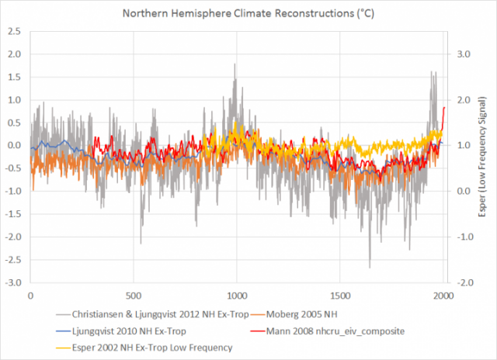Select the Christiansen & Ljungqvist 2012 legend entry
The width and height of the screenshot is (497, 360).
(165, 315)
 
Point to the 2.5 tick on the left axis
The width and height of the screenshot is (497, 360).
(14, 54)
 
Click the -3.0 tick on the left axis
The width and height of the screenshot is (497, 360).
(13, 282)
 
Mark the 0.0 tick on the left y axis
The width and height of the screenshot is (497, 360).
(15, 145)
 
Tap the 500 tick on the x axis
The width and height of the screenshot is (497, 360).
(134, 295)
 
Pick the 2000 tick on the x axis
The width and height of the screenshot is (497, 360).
(443, 295)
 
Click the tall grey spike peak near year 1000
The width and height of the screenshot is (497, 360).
(235, 64)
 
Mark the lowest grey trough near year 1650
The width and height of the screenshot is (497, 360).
(370, 268)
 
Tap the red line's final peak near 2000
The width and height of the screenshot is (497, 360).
(443, 108)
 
